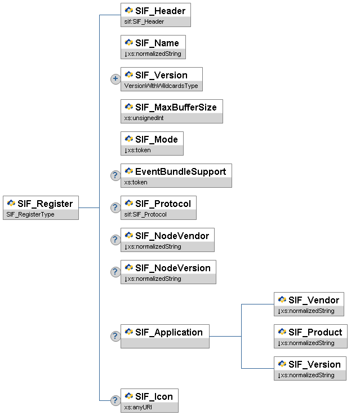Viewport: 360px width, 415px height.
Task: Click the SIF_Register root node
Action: click(41, 204)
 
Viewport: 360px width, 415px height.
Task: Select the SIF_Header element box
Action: click(155, 11)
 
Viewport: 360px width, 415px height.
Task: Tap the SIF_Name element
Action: click(153, 43)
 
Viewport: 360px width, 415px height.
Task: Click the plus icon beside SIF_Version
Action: click(115, 79)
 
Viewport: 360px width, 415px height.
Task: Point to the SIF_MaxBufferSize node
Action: click(172, 107)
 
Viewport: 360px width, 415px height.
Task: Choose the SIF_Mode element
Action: click(152, 139)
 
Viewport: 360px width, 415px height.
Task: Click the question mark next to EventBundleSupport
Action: click(115, 175)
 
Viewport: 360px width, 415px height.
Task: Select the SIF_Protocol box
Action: click(158, 204)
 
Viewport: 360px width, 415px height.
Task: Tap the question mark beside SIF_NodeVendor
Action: click(115, 240)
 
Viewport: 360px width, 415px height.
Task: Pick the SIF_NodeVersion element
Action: click(168, 268)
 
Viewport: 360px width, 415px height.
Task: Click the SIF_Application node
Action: click(165, 332)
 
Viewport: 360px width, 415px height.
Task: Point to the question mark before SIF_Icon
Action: click(115, 400)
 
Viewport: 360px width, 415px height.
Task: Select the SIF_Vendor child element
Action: click(309, 300)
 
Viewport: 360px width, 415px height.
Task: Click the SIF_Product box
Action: click(310, 332)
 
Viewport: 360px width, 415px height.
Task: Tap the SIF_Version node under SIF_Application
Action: click(310, 364)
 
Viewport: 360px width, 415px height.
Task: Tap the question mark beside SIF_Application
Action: click(115, 336)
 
